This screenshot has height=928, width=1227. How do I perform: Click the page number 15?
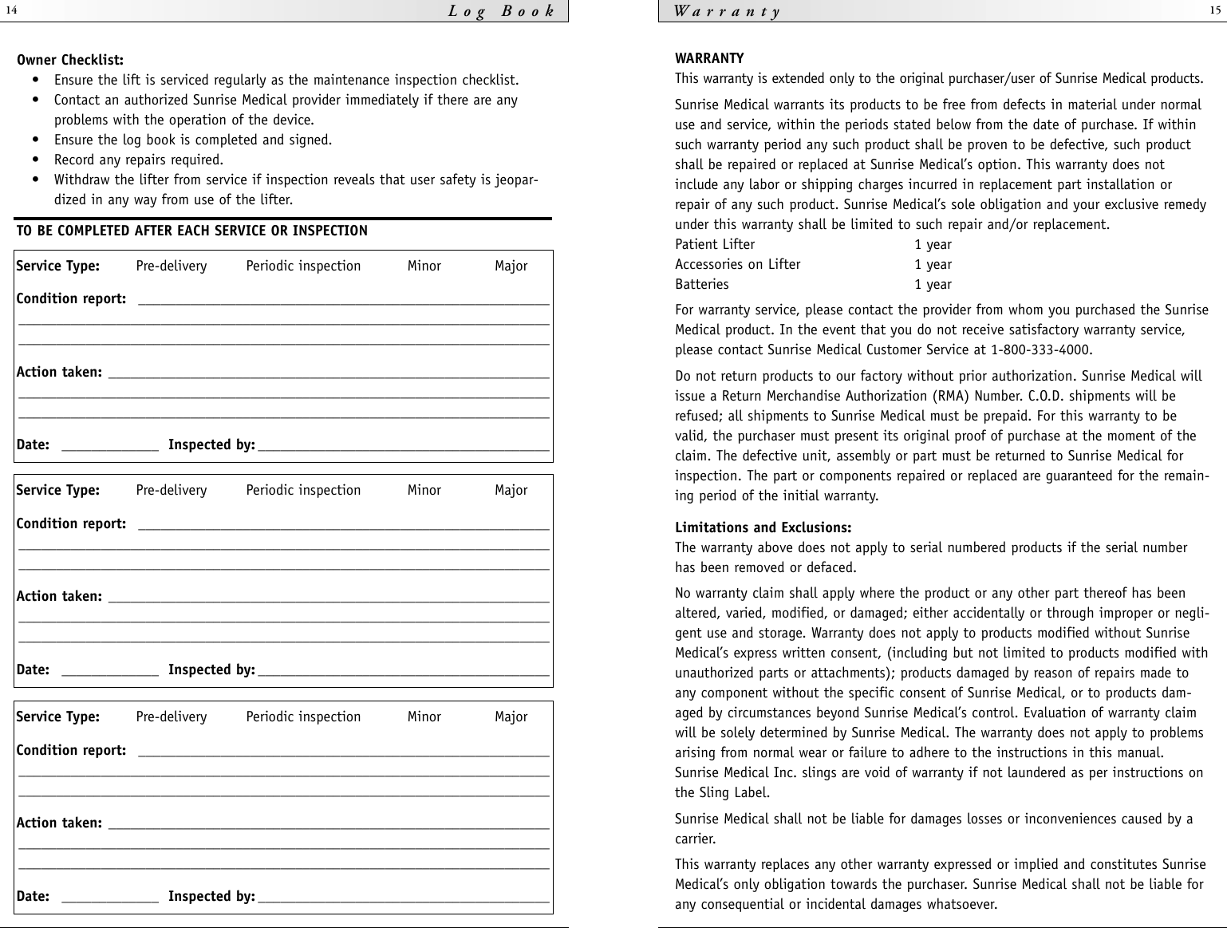coord(1215,10)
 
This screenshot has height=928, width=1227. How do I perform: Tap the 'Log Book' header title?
coord(501,11)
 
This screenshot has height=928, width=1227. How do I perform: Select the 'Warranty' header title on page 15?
coord(728,11)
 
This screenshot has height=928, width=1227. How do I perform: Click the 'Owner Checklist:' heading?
coord(70,60)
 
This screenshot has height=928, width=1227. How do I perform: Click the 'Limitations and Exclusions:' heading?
coord(763,527)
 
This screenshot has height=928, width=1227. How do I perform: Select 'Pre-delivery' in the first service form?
coord(171,266)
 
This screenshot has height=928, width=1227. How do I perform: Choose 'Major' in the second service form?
coord(511,490)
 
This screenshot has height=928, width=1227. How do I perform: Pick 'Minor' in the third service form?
coord(424,717)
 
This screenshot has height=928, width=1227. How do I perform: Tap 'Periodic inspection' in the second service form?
coord(303,490)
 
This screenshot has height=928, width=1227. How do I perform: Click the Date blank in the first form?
coord(109,445)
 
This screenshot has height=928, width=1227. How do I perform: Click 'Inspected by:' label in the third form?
coord(211,896)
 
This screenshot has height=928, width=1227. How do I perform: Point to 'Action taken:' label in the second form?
coord(59,596)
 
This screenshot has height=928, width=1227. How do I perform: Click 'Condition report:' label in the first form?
coord(71,298)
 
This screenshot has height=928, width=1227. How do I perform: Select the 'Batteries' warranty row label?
coord(701,284)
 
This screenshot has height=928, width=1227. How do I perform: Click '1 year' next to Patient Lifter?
coord(933,244)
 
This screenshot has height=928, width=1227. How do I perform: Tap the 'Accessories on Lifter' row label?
coord(737,264)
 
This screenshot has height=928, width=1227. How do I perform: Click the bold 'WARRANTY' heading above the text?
coord(709,58)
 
